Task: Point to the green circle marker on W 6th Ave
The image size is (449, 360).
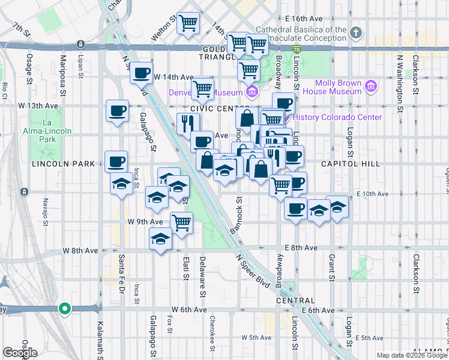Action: (64, 309)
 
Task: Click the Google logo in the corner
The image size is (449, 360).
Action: (20, 352)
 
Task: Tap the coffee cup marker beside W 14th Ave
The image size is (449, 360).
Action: (142, 74)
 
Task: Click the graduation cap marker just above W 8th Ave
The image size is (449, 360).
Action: (161, 239)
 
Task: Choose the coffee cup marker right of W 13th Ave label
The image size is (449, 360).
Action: (117, 111)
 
